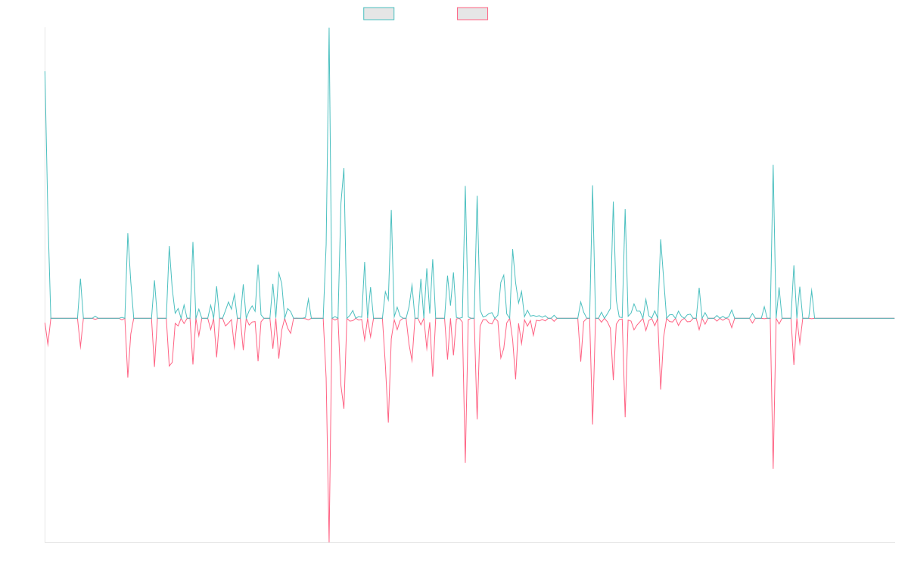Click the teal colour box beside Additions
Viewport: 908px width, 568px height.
(x=379, y=14)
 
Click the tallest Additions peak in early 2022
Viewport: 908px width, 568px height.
(x=328, y=30)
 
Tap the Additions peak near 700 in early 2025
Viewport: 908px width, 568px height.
(x=773, y=165)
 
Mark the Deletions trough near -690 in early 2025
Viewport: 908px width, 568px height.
(x=773, y=467)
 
